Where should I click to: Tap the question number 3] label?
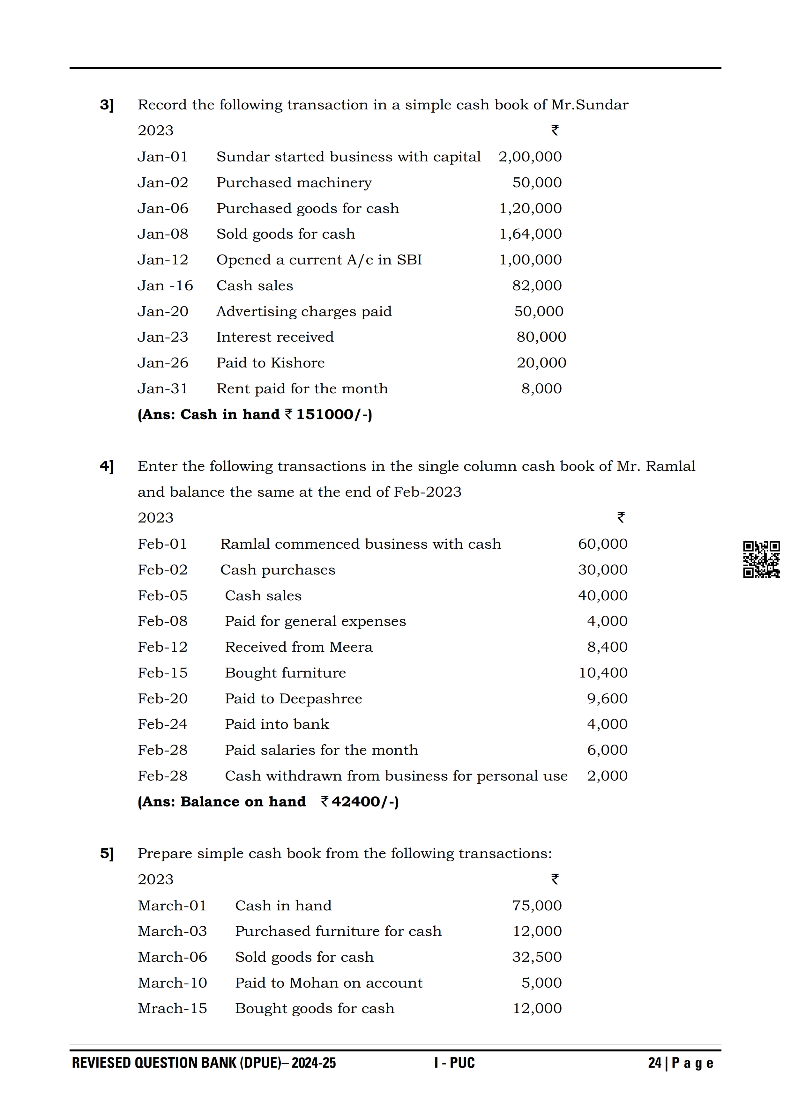[107, 105]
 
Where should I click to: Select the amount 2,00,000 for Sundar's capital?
[530, 157]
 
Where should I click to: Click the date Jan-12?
[163, 260]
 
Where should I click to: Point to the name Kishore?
[297, 363]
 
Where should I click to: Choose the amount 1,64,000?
[530, 234]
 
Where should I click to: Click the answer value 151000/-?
[334, 414]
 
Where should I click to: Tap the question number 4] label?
[107, 466]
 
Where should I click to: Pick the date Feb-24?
[163, 724]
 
